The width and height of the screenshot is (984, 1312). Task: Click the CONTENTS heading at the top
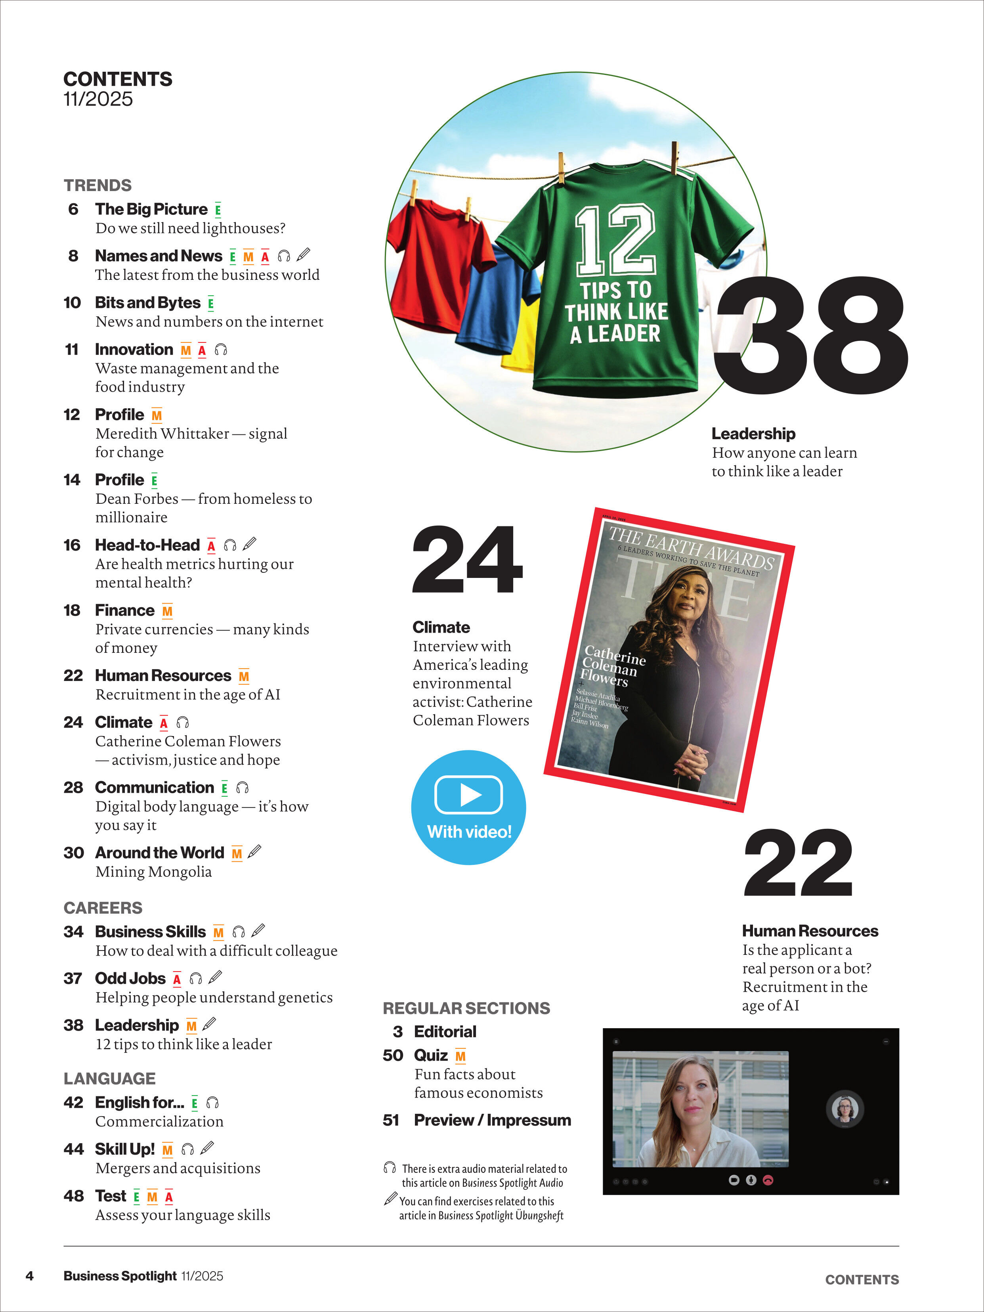pos(117,79)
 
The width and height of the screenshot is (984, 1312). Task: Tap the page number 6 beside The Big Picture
pos(73,209)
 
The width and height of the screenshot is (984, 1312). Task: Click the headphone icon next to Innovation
pos(221,350)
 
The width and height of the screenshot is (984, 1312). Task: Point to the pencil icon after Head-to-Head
pos(250,544)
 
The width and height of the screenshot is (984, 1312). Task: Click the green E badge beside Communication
pos(224,788)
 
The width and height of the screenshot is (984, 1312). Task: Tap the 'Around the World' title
pos(160,853)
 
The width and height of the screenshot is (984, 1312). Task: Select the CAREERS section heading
pos(103,908)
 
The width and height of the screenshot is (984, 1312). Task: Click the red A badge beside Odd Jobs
pos(177,979)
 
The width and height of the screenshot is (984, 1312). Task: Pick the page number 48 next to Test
pos(74,1196)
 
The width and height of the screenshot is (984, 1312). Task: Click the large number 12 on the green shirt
pos(616,240)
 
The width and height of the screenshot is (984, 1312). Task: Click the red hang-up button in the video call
pos(768,1180)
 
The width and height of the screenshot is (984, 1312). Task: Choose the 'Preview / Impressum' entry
pos(492,1121)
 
